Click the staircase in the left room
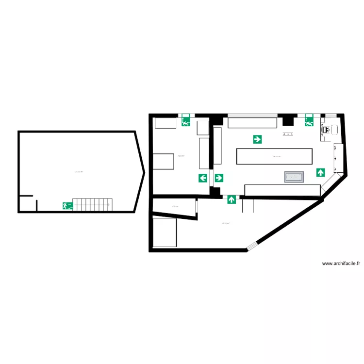[93, 204]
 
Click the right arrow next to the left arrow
[219, 178]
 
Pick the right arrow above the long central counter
[257, 139]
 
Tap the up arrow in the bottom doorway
[232, 199]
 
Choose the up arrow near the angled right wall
[320, 172]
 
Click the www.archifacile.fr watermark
[341, 263]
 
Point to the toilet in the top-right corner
[333, 130]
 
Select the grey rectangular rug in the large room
[294, 177]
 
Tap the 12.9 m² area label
[181, 156]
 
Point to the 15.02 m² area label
[225, 224]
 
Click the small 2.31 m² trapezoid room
[175, 207]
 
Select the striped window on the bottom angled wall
[252, 246]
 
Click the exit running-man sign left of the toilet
[309, 122]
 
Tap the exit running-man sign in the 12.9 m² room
[185, 122]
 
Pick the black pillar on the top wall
[287, 119]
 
